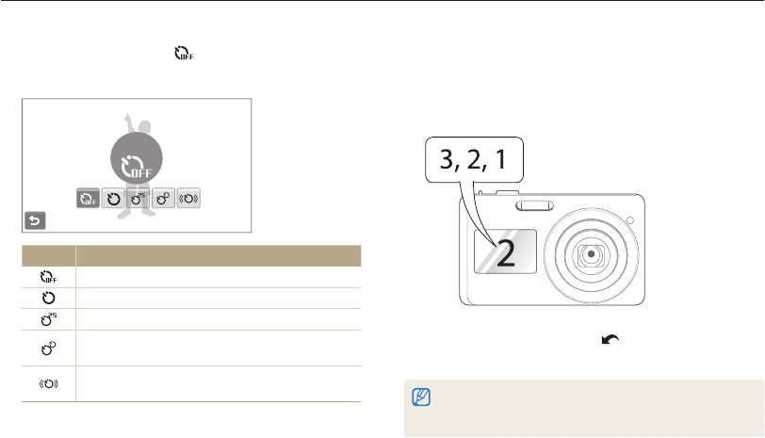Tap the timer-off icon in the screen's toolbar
pos(89,198)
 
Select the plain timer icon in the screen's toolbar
pos(113,198)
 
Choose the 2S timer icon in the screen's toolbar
pos(138,198)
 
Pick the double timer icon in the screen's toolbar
pos(163,198)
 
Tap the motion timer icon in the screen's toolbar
pos(188,198)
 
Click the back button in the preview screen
pos(35,220)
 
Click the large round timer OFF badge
pos(137,158)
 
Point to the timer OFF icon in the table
pos(48,277)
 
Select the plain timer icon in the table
pos(48,298)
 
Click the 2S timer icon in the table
pos(48,319)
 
